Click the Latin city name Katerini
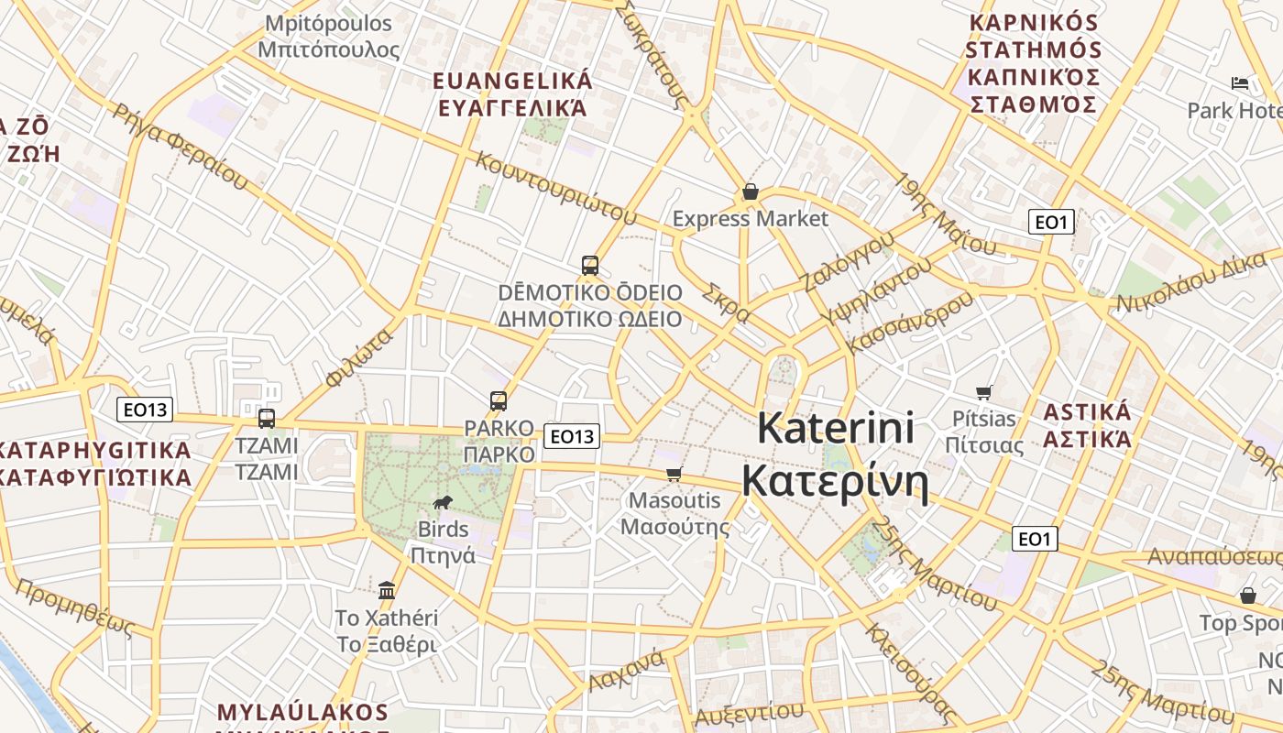[x=836, y=428]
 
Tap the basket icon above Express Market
[x=751, y=191]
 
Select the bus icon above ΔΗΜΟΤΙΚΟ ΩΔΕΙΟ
[x=590, y=266]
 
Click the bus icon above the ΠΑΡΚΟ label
[x=499, y=400]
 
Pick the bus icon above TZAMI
[x=267, y=419]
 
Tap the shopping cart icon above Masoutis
[x=674, y=474]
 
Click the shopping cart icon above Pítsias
[x=984, y=392]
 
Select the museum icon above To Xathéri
[x=387, y=589]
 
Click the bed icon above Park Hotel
[x=1240, y=83]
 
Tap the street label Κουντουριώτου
[x=555, y=188]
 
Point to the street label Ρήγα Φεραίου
[x=180, y=147]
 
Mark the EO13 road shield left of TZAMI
[x=145, y=410]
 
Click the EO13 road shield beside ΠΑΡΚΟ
[x=572, y=436]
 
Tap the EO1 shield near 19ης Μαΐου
[x=1051, y=222]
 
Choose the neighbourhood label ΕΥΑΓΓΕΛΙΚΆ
[x=512, y=108]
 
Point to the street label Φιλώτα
[x=359, y=356]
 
